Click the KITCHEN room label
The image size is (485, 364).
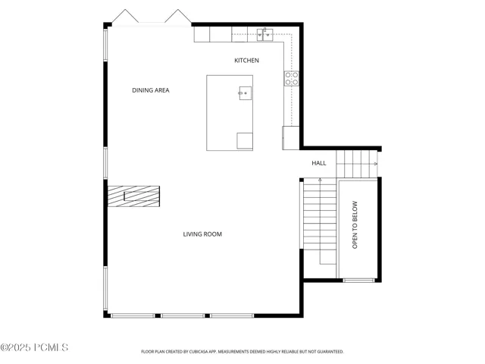coord(246,61)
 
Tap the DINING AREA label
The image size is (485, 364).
coord(151,90)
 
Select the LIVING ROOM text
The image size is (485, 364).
coord(202,234)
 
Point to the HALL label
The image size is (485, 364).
coord(319,163)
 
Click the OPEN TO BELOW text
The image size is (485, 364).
coord(355,224)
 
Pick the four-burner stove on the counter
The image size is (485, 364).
coord(292,78)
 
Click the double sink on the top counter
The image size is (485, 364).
coord(264,35)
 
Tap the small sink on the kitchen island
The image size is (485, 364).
coord(245,93)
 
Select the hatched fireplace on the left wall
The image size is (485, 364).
coord(133,196)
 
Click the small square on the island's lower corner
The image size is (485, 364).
coord(245,141)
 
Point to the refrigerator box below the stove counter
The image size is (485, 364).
coord(291,138)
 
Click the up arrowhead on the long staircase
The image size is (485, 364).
coord(320,180)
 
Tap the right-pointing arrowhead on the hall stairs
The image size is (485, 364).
coord(376,164)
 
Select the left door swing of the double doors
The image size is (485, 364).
coord(125,15)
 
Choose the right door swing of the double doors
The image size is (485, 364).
coord(178,15)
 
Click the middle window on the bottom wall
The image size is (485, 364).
coord(183,315)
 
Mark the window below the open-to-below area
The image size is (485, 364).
coord(358,281)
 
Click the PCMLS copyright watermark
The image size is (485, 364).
coord(34,347)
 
